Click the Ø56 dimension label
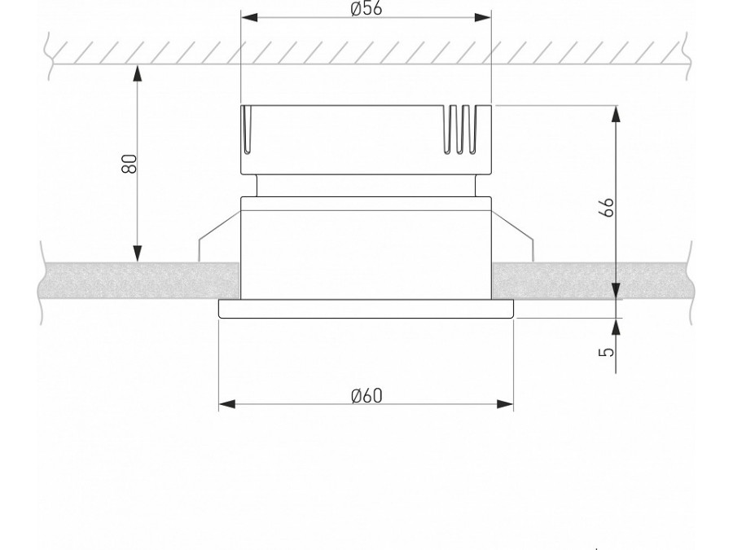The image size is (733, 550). (366, 9)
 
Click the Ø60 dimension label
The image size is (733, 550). (366, 396)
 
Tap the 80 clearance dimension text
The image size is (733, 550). (129, 163)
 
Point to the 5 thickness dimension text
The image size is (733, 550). (606, 352)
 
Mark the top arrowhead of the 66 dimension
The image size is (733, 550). (617, 114)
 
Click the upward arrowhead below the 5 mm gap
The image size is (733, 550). (617, 326)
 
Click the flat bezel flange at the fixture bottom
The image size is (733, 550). (366, 309)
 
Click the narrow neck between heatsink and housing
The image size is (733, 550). (366, 186)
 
